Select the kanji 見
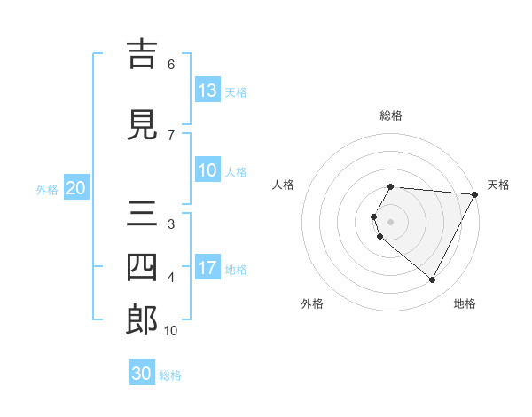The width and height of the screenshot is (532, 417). pos(142,125)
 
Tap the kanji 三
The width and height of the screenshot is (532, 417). pos(142,214)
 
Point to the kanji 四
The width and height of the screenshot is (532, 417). pos(142,266)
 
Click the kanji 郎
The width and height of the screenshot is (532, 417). pos(142,319)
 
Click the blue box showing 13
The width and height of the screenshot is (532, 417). pos(207,90)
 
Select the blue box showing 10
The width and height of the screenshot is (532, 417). pos(207,171)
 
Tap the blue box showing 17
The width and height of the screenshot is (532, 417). pos(207,269)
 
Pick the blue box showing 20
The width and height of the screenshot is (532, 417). pos(75,188)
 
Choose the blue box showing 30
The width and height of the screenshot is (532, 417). pos(142,374)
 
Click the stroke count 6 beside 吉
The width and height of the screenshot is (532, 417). pos(171,65)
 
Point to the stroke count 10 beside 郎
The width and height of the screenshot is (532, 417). pos(171,331)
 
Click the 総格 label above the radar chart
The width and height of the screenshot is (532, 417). pos(391,115)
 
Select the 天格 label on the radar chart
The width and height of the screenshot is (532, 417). pos(498,185)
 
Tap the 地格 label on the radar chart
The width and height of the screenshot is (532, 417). pos(465,304)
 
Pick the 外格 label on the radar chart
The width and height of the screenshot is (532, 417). pos(312,304)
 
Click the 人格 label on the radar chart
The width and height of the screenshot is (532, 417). pos(283,185)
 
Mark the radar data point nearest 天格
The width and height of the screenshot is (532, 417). pos(475,194)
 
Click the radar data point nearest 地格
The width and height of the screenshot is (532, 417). pos(433,280)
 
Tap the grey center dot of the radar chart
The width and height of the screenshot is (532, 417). pos(391,221)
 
